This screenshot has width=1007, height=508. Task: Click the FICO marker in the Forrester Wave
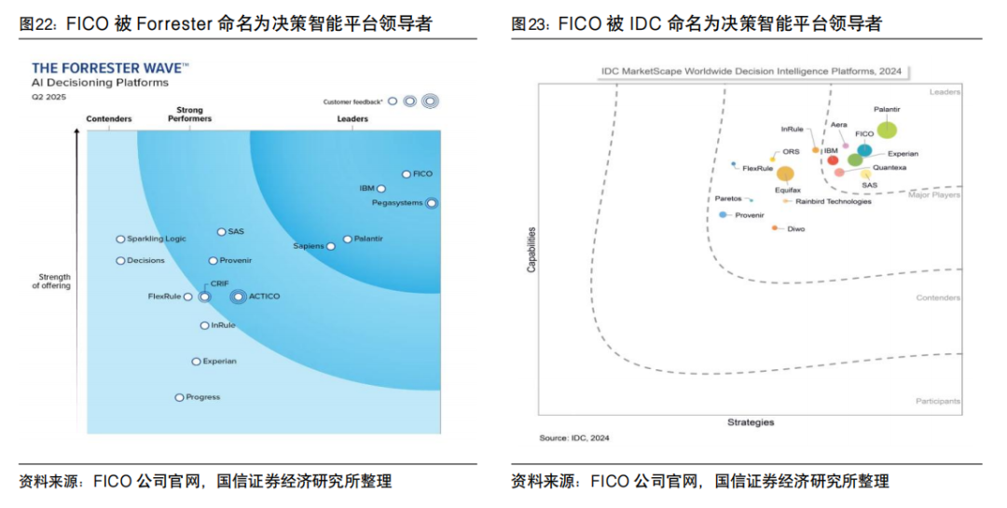[x=407, y=174]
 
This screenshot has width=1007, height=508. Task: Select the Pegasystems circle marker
[x=431, y=202]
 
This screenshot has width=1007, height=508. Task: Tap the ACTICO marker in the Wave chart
[x=239, y=296]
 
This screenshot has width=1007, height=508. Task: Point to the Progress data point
[x=180, y=397]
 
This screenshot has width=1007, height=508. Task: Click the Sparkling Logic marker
[x=120, y=240]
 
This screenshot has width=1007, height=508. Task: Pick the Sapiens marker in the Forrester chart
[x=331, y=246]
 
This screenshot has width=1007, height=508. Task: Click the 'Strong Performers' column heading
[x=189, y=115]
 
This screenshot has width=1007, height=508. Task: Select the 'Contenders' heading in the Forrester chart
[x=109, y=119]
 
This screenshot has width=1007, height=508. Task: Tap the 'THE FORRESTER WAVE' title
[x=110, y=68]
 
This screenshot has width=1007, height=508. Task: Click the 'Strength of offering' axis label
[x=54, y=281]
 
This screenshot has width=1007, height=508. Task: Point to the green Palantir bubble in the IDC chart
[x=887, y=130]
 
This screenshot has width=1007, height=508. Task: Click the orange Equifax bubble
[x=786, y=173]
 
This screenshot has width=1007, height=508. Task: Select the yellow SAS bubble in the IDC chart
[x=866, y=173]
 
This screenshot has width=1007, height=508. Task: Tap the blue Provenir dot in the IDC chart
[x=724, y=214]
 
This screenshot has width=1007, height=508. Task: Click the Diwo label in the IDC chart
[x=796, y=228]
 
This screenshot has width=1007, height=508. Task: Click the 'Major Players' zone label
[x=934, y=195]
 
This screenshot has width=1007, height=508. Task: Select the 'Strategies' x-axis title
[x=751, y=422]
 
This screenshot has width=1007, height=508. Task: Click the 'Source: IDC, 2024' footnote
[x=574, y=438]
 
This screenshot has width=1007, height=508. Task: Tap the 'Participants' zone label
[x=938, y=401]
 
